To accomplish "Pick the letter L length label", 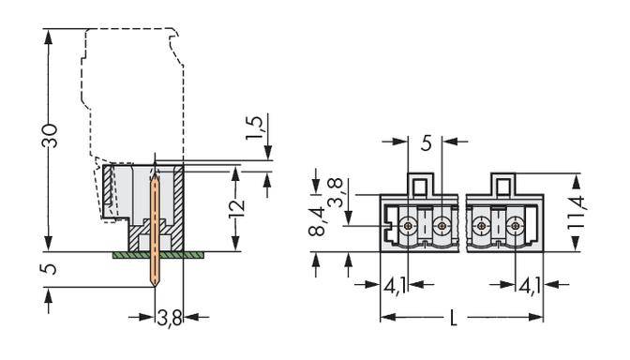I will coord(454,318).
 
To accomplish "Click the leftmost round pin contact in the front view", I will coord(409,226).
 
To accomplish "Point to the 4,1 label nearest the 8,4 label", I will coord(395,284).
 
